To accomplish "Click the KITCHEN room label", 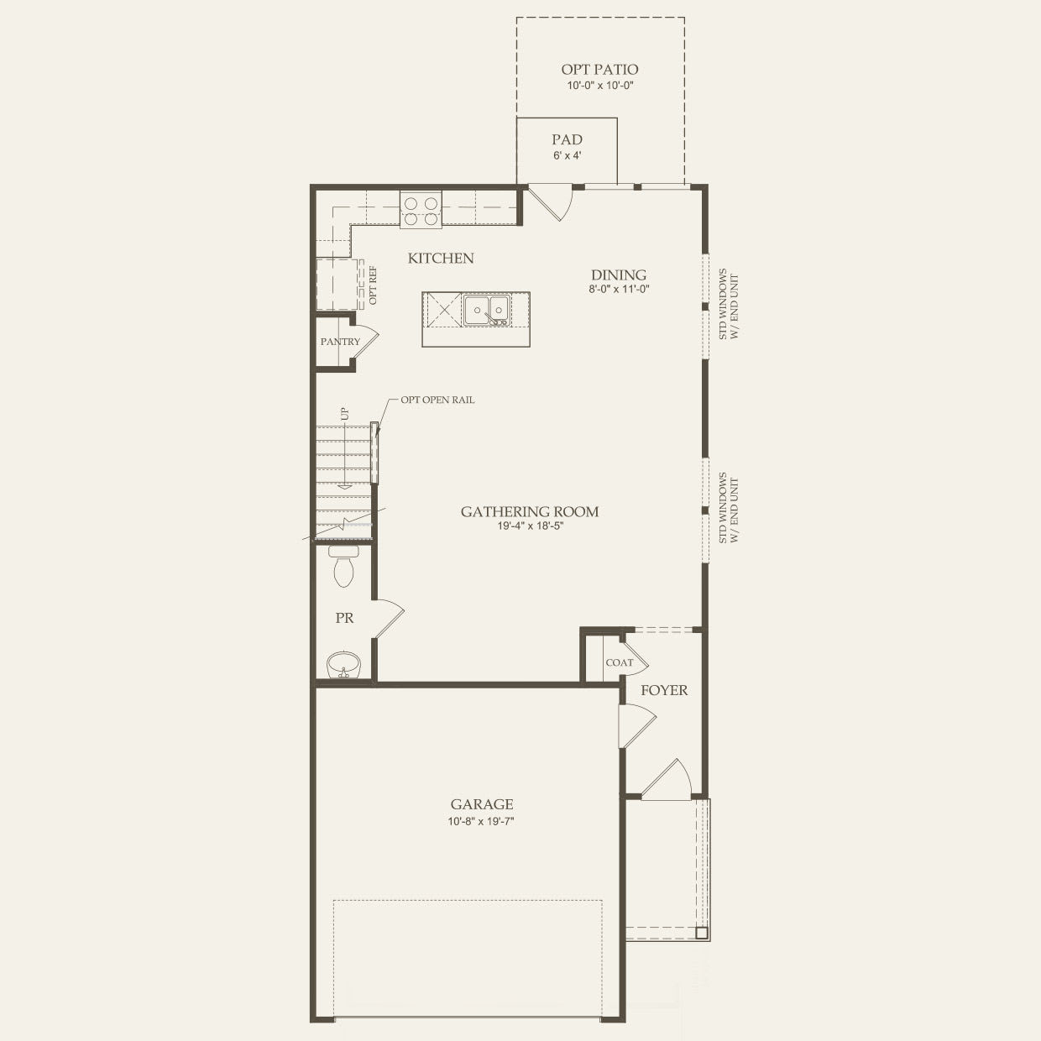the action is [x=440, y=259].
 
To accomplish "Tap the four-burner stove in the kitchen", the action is [x=421, y=210].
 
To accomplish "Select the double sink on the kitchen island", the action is [x=485, y=310].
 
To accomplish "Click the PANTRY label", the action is [x=340, y=342].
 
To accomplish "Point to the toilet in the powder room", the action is [x=343, y=566].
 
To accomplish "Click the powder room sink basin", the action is [x=343, y=664].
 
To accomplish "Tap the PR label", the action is [x=344, y=618].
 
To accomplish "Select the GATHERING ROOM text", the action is [x=530, y=511].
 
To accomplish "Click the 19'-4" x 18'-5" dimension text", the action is [x=530, y=526].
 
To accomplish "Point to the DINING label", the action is [x=619, y=275].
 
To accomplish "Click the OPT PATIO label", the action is [x=599, y=69].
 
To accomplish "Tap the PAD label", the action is [x=567, y=139].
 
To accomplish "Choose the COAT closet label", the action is [x=619, y=662].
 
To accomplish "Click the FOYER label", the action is [x=664, y=690].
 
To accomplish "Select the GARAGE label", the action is [x=481, y=804].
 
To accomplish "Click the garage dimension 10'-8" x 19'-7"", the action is [x=480, y=821].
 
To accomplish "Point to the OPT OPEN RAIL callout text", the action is [x=437, y=400].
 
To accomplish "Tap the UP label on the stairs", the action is [x=345, y=414].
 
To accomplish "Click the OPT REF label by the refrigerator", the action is [x=373, y=285].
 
